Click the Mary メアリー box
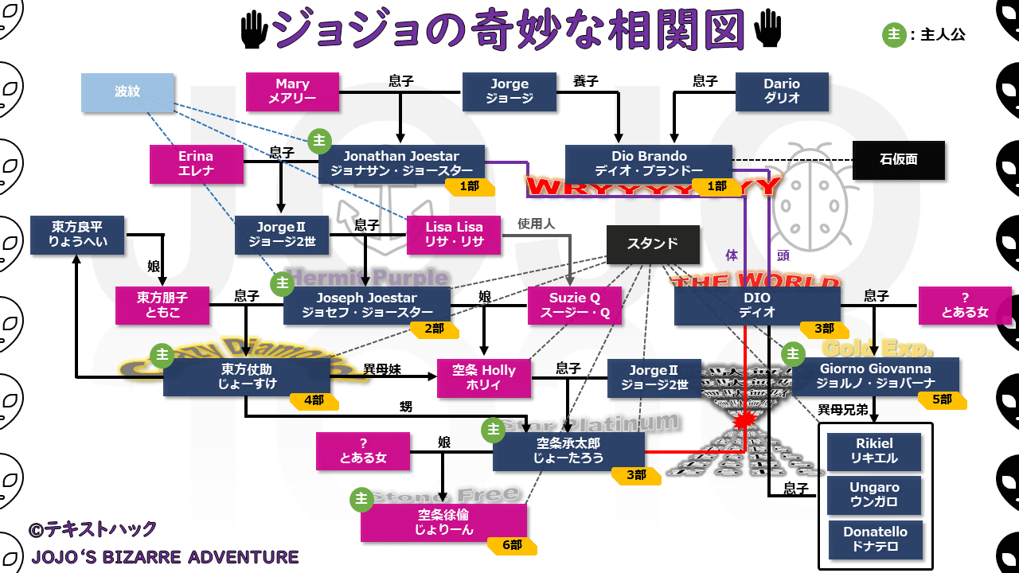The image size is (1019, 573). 292,92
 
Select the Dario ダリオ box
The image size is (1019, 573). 782,92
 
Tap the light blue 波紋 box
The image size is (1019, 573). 127,92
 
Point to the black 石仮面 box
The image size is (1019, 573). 899,160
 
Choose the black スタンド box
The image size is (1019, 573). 653,244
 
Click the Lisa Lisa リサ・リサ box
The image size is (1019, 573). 454,235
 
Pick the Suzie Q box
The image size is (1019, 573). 575,306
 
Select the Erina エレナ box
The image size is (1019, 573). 196,164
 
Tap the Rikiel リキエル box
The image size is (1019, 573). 874,451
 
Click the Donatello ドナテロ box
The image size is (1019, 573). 875,540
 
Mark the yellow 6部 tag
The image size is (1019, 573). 513,545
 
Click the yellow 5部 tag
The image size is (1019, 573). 943,400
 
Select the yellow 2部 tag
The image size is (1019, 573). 435,328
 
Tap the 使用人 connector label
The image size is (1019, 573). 536,224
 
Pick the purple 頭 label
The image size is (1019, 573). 783,255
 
